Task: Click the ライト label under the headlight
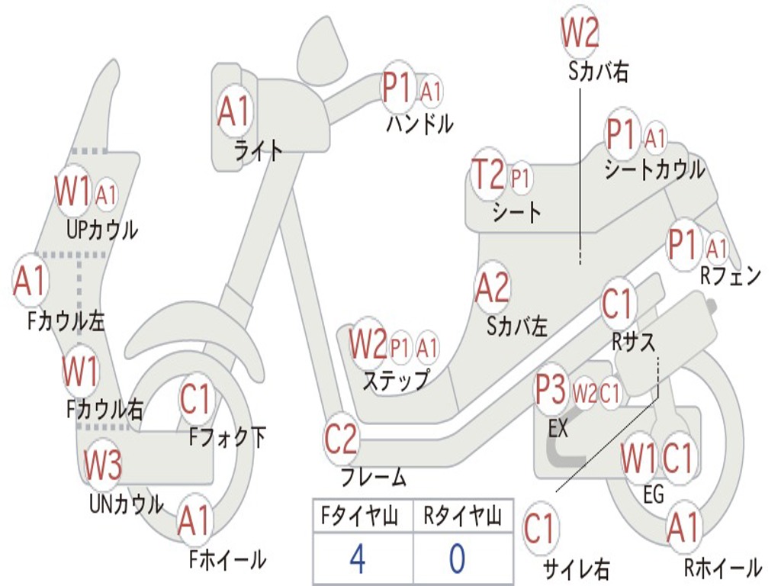(258, 150)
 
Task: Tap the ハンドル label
(419, 122)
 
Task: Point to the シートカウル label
(654, 169)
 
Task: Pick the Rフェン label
(731, 276)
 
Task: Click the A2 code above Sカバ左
(492, 288)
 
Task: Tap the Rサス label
(633, 343)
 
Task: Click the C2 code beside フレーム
(341, 439)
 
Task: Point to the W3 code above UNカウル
(102, 465)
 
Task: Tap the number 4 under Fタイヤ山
(357, 559)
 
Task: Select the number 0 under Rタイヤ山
(456, 559)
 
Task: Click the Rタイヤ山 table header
(461, 517)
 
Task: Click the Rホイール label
(722, 566)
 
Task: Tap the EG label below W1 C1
(654, 494)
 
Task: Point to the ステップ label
(395, 379)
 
